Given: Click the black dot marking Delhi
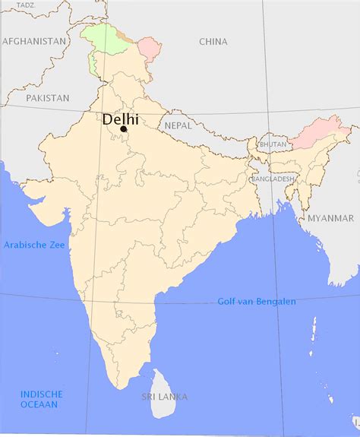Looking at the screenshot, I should [x=123, y=130].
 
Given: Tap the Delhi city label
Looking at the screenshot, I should [x=120, y=119].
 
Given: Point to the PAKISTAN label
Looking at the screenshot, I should [x=47, y=98].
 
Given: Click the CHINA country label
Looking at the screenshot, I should [x=213, y=42].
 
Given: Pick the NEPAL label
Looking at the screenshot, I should [x=178, y=125].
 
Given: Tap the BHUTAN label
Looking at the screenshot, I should [x=273, y=144].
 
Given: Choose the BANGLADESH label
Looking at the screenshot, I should [x=273, y=179].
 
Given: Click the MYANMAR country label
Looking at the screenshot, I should [x=330, y=218].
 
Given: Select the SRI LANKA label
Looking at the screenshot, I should [x=165, y=397].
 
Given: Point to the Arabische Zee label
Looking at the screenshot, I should [x=33, y=245].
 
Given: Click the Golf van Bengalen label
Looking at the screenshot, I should [x=257, y=301].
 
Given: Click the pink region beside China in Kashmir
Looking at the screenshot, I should [x=150, y=52].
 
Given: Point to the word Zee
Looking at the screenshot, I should [x=56, y=245].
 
